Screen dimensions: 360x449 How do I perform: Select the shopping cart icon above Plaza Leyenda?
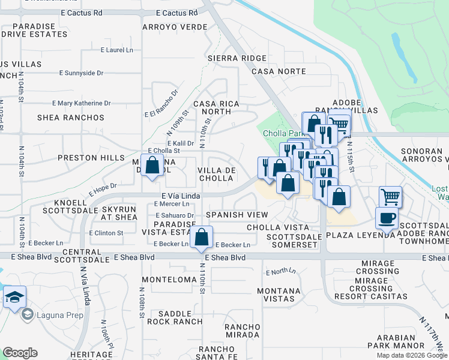coord(390,196)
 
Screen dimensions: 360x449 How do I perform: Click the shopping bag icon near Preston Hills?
coord(152,164)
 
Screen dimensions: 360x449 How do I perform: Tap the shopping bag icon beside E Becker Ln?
coord(202,237)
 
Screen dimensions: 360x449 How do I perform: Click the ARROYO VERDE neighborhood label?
coord(175,27)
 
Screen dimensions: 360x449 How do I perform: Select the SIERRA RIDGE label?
coord(237,58)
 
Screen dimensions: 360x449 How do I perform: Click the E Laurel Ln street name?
coord(116,50)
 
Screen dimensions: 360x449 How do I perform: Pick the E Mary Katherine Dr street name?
coord(82,103)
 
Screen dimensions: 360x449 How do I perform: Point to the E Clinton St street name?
coord(106,233)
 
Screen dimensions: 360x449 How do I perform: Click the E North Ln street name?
coord(281,272)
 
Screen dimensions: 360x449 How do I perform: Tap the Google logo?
coord(20,353)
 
